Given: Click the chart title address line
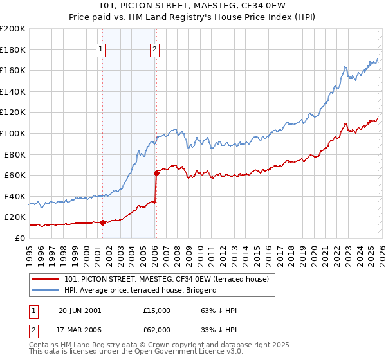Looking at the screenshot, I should tap(192, 6).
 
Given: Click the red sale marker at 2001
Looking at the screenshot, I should tap(102, 222).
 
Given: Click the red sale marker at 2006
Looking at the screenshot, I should tap(156, 173).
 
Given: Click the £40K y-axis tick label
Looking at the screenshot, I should tap(15, 196).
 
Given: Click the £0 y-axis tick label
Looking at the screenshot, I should tap(19, 238).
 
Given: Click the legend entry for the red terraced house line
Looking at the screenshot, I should tap(170, 278).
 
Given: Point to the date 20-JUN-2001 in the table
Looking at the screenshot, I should tap(79, 310).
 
